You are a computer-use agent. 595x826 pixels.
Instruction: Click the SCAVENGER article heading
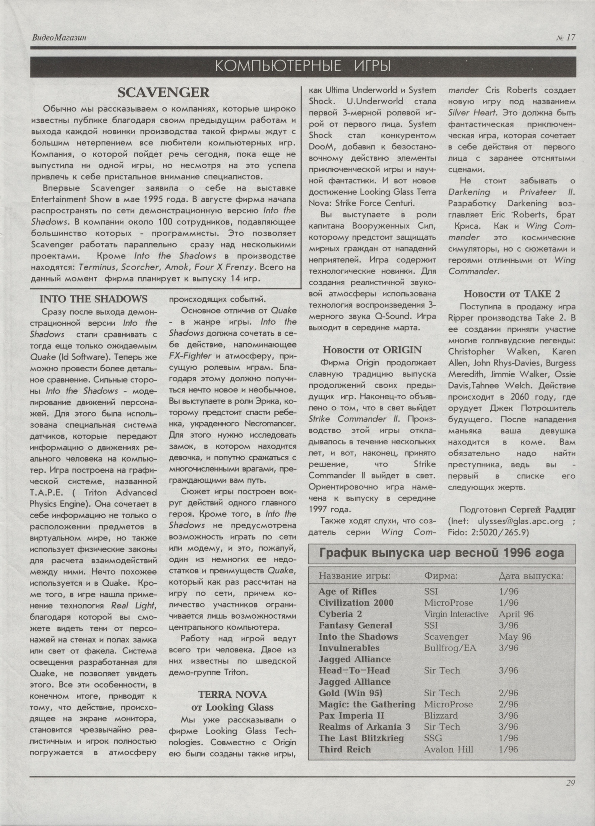[163, 93]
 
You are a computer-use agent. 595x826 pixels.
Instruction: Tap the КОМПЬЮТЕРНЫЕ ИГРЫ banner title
[303, 67]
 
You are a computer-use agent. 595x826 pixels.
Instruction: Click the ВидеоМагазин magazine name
[59, 37]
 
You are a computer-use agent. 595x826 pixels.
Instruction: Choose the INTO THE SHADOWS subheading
[93, 299]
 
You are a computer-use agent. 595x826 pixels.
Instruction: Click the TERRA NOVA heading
[232, 694]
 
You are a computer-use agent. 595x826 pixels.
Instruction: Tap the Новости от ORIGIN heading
[372, 350]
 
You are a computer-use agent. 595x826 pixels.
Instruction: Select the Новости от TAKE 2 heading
[512, 294]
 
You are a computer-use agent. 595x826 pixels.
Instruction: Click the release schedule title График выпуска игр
[441, 553]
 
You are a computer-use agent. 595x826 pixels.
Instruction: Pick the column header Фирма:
[441, 576]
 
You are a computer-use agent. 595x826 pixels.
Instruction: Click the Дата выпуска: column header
[530, 576]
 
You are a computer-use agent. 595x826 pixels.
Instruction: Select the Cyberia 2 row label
[340, 614]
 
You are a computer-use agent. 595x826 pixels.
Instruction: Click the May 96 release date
[515, 637]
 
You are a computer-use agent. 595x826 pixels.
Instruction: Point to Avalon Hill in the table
[448, 750]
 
